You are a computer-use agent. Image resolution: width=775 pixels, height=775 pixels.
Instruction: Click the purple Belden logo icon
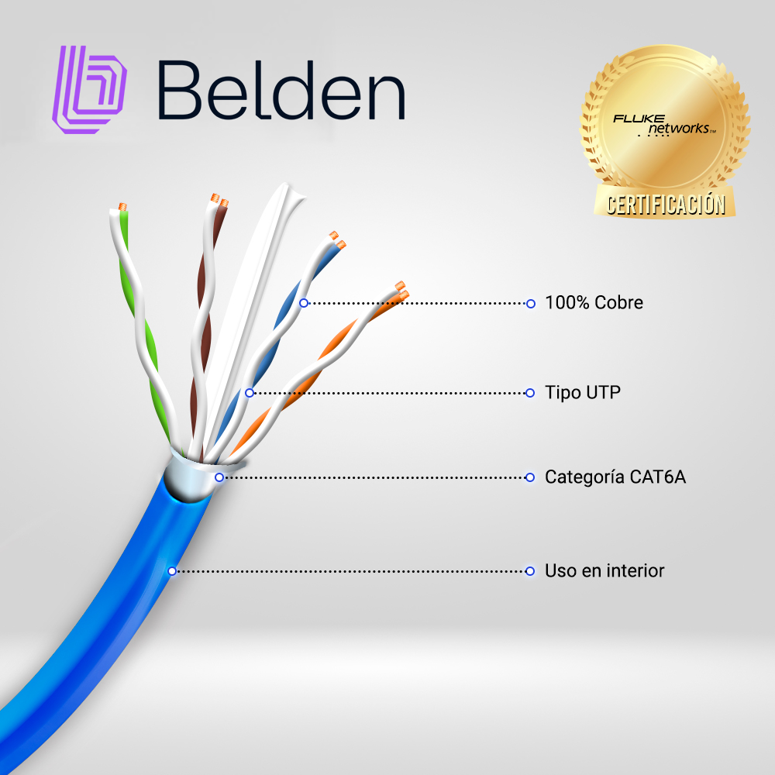pyautogui.click(x=89, y=89)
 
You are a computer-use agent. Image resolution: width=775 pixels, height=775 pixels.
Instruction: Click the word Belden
pyautogui.click(x=281, y=91)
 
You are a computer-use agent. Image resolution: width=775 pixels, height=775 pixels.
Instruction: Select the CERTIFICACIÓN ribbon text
pyautogui.click(x=666, y=204)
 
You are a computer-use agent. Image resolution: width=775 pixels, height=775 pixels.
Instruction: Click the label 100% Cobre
pyautogui.click(x=594, y=302)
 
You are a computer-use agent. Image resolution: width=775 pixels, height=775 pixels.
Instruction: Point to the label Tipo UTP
pyautogui.click(x=582, y=392)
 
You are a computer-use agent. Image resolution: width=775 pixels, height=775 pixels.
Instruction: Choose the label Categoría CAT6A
pyautogui.click(x=615, y=477)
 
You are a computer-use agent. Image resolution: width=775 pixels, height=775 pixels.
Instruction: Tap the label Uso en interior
pyautogui.click(x=604, y=571)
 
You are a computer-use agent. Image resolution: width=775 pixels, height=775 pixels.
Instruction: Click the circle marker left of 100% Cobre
pyautogui.click(x=530, y=304)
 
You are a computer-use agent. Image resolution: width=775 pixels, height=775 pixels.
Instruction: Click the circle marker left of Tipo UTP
pyautogui.click(x=530, y=393)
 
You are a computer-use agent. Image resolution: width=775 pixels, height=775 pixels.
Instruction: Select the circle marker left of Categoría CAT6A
pyautogui.click(x=530, y=477)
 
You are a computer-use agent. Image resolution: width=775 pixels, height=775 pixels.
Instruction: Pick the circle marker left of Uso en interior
pyautogui.click(x=530, y=571)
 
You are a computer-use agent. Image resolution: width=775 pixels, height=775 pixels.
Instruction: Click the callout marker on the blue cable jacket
pyautogui.click(x=172, y=571)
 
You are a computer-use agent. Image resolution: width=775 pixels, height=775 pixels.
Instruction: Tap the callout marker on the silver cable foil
pyautogui.click(x=219, y=477)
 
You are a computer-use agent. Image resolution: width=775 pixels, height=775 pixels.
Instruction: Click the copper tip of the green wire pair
pyautogui.click(x=122, y=207)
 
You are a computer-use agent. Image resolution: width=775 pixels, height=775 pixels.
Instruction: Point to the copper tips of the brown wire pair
pyautogui.click(x=219, y=200)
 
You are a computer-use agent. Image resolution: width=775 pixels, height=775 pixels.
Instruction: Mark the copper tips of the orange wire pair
pyautogui.click(x=401, y=291)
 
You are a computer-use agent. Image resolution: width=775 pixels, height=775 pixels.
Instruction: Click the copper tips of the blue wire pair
pyautogui.click(x=338, y=239)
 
